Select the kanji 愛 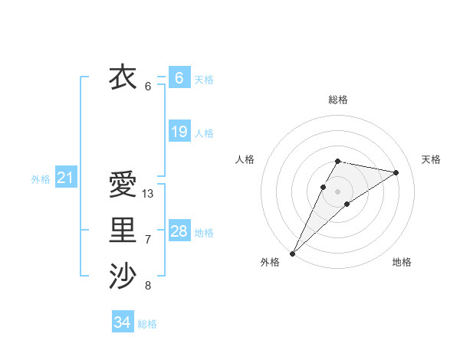click(123, 184)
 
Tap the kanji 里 click(123, 230)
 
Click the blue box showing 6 click(179, 77)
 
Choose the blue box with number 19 click(179, 132)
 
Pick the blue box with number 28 click(179, 231)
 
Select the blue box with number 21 click(65, 178)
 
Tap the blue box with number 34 click(122, 322)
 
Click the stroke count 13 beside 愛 click(148, 194)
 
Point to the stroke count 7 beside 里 click(148, 240)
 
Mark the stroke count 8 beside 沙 click(148, 286)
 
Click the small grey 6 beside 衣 click(148, 87)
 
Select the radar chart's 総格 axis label click(337, 100)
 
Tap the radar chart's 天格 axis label click(431, 159)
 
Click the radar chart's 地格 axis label click(402, 262)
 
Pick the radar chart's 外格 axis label click(270, 262)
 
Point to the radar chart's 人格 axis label click(245, 159)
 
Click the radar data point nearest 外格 click(292, 253)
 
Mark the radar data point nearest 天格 click(396, 172)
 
